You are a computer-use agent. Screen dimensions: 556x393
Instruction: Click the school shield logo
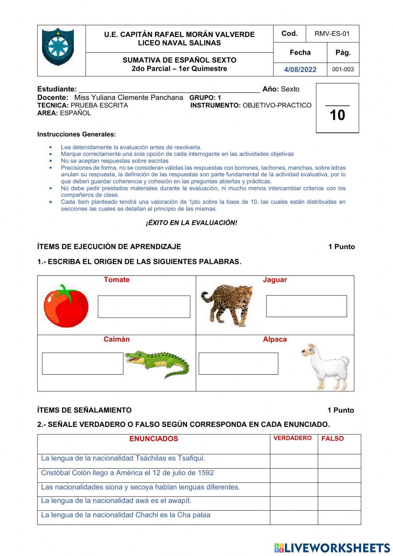(58, 47)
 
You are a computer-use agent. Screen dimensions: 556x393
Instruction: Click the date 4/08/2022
(300, 70)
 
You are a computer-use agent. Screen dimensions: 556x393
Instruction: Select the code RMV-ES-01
(332, 34)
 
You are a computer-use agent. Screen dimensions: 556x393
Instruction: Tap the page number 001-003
(343, 70)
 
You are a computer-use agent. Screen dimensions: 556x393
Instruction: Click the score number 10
(337, 115)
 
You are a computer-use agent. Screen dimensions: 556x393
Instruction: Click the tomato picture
(66, 306)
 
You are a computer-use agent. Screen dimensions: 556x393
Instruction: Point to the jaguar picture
(227, 305)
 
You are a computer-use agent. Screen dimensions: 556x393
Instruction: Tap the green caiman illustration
(157, 364)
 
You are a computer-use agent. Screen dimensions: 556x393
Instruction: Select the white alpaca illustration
(325, 366)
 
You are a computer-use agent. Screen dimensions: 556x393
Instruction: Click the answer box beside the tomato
(144, 307)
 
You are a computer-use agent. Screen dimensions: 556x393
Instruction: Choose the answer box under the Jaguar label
(307, 306)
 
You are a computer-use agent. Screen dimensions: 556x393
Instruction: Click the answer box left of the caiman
(83, 364)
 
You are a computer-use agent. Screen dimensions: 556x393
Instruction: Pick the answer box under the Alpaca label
(238, 364)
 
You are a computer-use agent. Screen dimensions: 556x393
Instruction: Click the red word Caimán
(116, 340)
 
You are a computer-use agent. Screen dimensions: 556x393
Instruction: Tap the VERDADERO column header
(292, 438)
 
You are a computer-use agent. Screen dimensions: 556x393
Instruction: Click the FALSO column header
(332, 439)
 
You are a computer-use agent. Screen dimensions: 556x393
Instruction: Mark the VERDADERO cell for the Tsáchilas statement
(294, 461)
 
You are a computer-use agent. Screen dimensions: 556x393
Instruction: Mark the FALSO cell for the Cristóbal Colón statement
(339, 475)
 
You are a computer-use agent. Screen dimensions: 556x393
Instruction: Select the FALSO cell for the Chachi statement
(339, 517)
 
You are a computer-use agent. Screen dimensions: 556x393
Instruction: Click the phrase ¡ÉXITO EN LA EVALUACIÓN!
(191, 223)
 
